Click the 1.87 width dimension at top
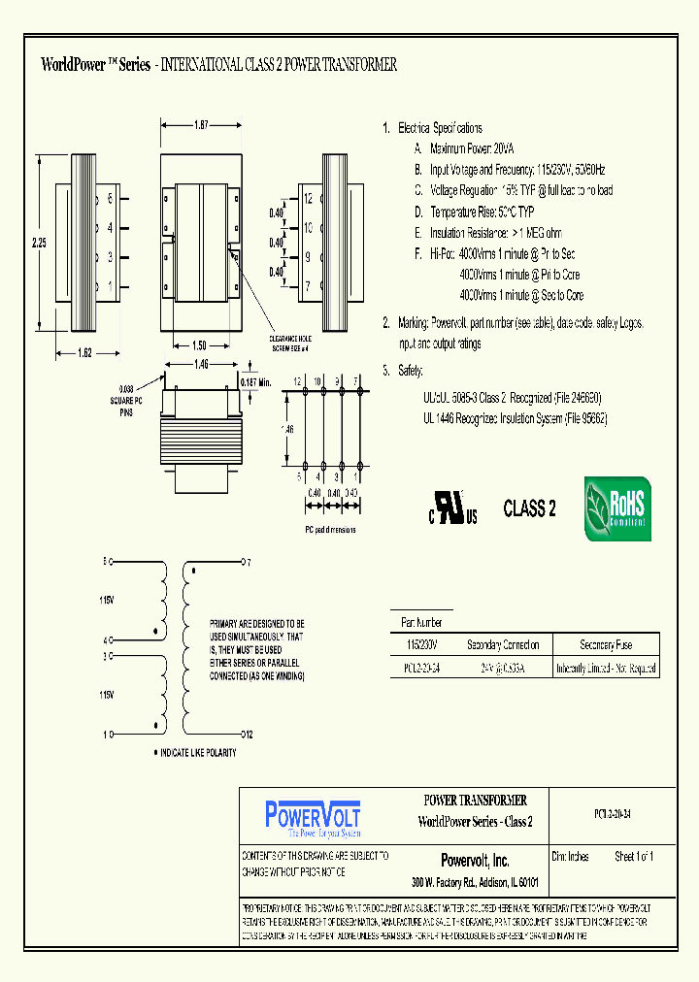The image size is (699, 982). (201, 125)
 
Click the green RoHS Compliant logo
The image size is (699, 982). (617, 508)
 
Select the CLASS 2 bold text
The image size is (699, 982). (529, 508)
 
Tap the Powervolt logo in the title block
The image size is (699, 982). (313, 818)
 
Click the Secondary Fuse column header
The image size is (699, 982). (606, 645)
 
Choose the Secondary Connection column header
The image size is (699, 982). (503, 645)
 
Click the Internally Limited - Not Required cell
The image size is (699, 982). (606, 668)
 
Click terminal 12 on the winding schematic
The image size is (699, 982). (247, 734)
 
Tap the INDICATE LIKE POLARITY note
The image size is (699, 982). (198, 753)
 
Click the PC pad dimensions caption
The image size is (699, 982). (330, 530)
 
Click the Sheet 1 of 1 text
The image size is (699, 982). (634, 857)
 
